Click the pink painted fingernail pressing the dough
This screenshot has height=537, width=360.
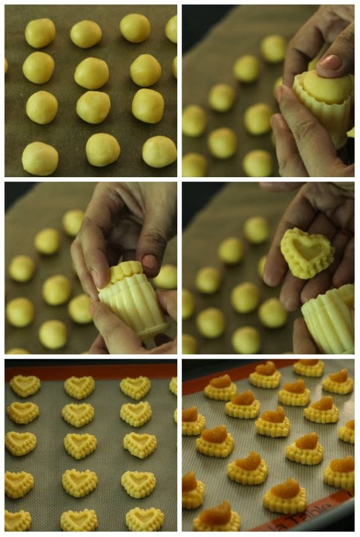click(330, 62)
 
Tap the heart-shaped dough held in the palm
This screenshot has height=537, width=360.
click(306, 252)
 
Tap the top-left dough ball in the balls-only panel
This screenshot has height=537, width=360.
click(40, 32)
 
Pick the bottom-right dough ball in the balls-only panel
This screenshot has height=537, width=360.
click(159, 151)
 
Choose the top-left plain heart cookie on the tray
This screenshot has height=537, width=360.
click(25, 385)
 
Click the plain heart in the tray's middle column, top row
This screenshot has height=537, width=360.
click(79, 387)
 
